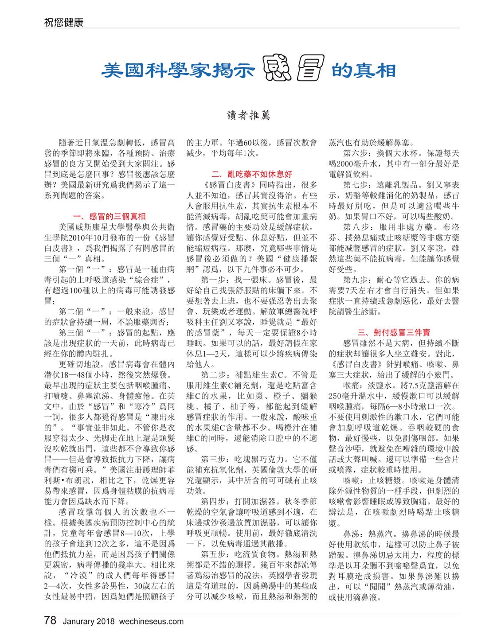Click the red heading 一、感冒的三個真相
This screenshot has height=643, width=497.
tap(109, 217)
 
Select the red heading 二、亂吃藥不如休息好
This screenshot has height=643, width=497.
tap(252, 174)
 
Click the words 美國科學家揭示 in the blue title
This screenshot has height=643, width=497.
tap(180, 70)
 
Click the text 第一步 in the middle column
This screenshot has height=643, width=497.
tap(214, 280)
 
